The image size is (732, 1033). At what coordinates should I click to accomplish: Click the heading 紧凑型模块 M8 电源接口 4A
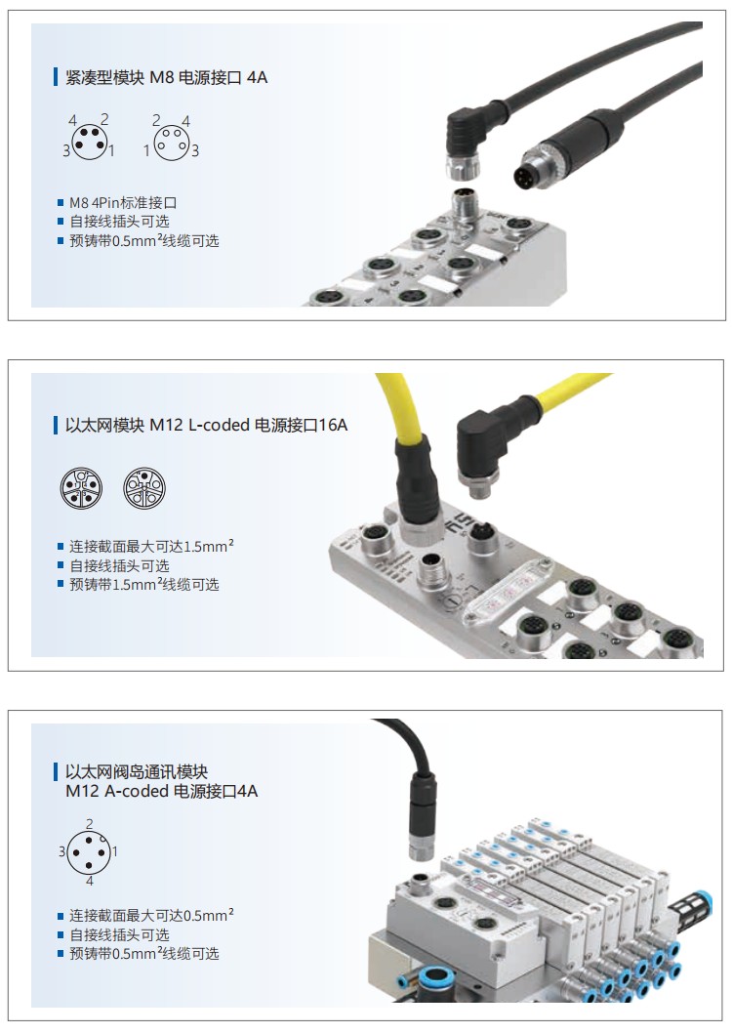(x=166, y=77)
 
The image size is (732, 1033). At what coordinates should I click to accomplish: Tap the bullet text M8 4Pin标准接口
(x=123, y=202)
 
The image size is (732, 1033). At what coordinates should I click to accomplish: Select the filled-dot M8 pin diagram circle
(x=89, y=141)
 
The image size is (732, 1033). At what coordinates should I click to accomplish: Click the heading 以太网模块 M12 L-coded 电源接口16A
(x=206, y=425)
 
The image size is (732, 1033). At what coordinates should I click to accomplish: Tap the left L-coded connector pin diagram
(x=81, y=488)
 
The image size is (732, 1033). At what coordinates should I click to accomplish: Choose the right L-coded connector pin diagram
(x=144, y=488)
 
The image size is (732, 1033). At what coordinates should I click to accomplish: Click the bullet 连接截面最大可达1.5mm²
(x=151, y=546)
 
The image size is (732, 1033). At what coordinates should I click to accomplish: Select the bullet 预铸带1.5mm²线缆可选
(x=144, y=584)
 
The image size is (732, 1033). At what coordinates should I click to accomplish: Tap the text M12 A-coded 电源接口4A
(x=162, y=791)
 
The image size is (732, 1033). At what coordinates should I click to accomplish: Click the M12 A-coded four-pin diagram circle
(x=89, y=851)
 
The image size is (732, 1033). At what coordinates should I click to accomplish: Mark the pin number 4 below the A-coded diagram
(x=90, y=881)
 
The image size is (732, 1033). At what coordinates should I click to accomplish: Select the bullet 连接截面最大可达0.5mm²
(x=151, y=915)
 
